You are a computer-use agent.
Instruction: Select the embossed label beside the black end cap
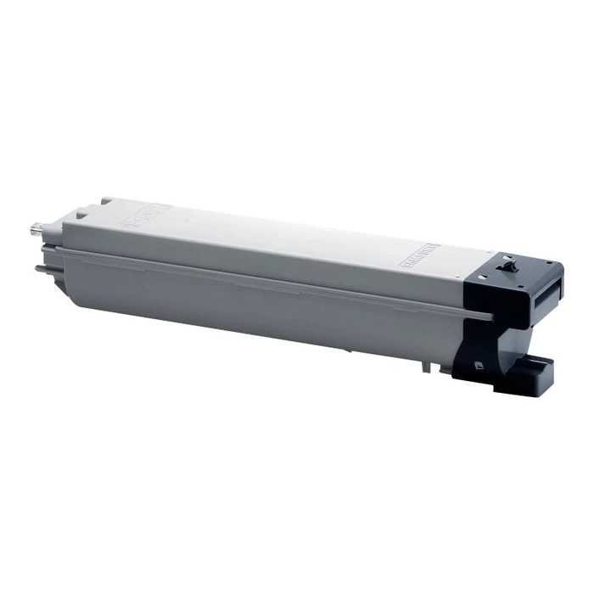pos(418,257)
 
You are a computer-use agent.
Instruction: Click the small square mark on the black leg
pos(481,366)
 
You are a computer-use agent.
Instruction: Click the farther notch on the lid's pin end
pos(106,200)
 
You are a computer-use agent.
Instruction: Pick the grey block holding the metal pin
pos(54,231)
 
